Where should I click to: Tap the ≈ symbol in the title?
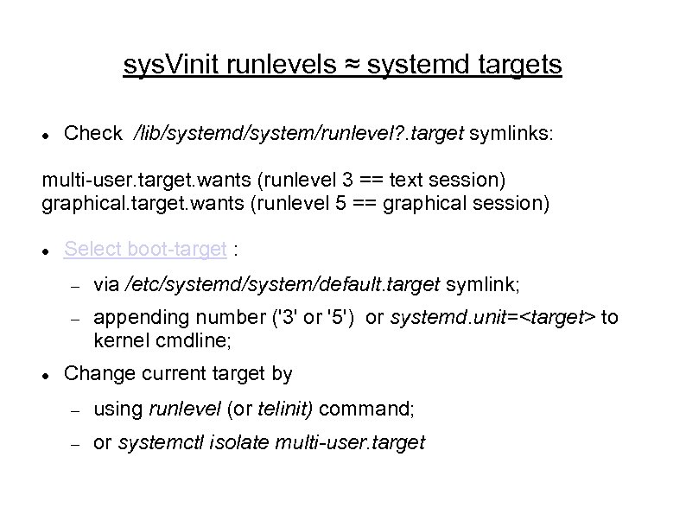tap(353, 65)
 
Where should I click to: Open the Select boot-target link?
tap(146, 250)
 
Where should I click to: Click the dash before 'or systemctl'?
tap(75, 444)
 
